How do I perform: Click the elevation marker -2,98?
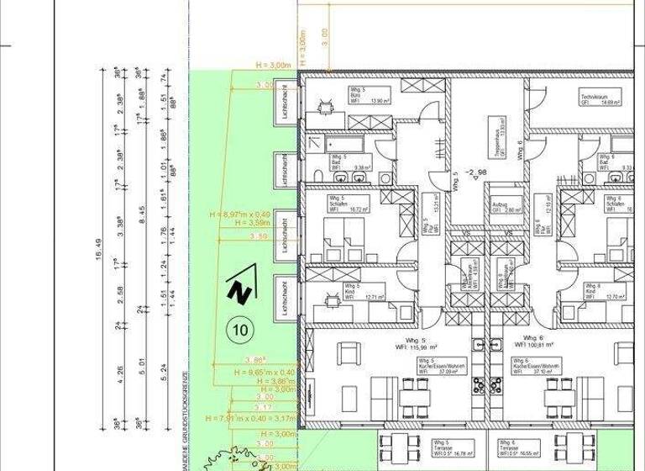pos(477,172)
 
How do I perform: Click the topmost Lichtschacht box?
pos(287,109)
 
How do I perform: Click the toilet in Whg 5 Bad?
pos(320,175)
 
